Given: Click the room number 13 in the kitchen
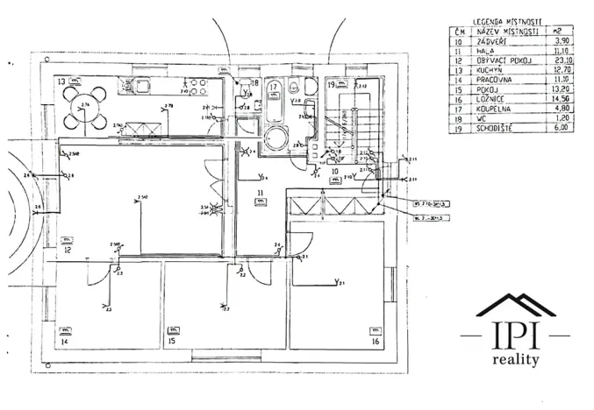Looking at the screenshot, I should click(62, 81).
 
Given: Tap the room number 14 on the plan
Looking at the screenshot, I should click(64, 342).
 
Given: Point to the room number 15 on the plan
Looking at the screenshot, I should click(172, 342).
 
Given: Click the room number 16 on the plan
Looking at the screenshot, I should click(376, 342).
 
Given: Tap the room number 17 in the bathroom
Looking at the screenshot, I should click(274, 87).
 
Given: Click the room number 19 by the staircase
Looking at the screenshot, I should click(333, 85).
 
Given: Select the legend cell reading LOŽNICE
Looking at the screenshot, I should click(491, 97).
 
